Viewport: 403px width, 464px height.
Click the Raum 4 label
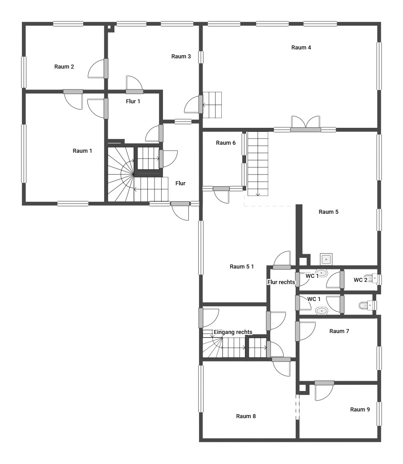[x=301, y=47]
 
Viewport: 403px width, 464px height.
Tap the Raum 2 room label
[x=64, y=67]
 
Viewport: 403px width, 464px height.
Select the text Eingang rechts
[x=233, y=332]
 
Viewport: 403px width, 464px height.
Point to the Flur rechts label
[x=281, y=282]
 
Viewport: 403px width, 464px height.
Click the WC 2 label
[x=360, y=280]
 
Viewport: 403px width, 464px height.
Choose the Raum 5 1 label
[x=241, y=266]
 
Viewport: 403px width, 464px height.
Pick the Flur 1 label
[x=133, y=101]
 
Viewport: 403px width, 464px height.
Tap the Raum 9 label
[x=360, y=409]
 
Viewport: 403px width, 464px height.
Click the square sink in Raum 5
[x=326, y=259]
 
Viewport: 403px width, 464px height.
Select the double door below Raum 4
[x=305, y=124]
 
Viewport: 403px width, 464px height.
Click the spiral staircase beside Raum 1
[x=121, y=175]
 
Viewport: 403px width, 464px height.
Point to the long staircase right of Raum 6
[x=258, y=163]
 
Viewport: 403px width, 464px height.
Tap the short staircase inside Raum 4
[x=212, y=105]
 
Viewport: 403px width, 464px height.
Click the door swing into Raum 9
[x=324, y=391]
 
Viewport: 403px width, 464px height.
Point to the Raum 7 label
[x=339, y=331]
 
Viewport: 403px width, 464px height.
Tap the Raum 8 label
[x=246, y=416]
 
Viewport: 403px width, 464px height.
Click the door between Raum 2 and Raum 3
[x=98, y=69]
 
